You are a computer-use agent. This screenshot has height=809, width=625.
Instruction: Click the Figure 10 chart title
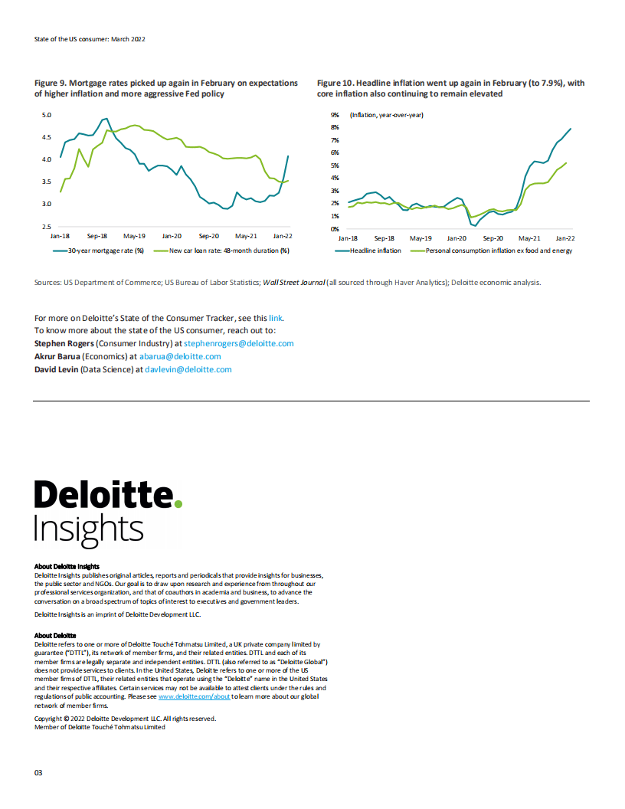[450, 88]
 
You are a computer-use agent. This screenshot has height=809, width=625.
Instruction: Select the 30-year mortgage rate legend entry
[99, 251]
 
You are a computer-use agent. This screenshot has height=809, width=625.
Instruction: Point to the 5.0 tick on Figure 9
[45, 115]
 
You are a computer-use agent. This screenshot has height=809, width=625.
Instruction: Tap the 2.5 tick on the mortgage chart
[45, 228]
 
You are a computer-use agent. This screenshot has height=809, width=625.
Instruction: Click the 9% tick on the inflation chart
[335, 115]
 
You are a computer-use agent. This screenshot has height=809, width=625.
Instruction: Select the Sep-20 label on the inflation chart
[492, 238]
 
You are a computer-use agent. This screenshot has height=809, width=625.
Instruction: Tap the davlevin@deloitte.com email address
[188, 369]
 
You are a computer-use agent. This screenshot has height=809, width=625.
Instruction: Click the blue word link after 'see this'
[276, 317]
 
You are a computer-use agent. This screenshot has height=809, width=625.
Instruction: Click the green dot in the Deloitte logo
[178, 503]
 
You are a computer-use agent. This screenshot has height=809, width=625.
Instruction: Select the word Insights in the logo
[89, 529]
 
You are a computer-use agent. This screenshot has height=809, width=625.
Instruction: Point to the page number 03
[38, 772]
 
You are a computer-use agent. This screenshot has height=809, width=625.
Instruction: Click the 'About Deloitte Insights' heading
[67, 567]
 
